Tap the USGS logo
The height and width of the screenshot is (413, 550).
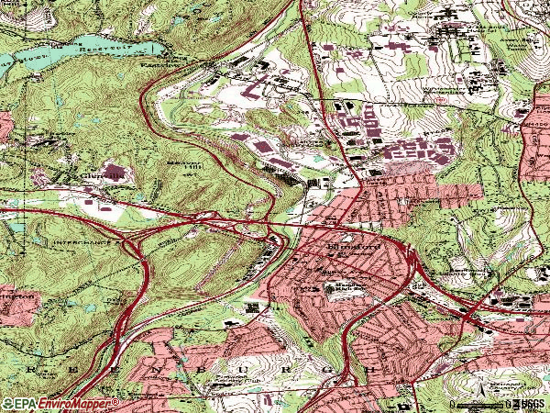[529, 404]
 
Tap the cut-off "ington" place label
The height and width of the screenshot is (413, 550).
[16, 296]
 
